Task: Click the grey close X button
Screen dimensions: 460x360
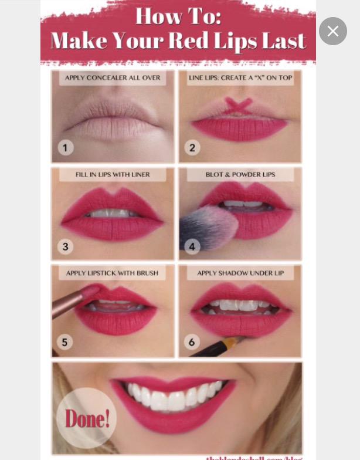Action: point(332,31)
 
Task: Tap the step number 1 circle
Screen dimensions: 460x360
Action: point(66,147)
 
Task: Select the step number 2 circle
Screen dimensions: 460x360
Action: point(192,147)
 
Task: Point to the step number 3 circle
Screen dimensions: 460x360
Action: point(66,246)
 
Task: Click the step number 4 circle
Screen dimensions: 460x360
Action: point(192,246)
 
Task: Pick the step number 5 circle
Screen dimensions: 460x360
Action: point(66,342)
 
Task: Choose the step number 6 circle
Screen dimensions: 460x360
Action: point(192,342)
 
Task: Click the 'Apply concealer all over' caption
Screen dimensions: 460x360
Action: point(113,78)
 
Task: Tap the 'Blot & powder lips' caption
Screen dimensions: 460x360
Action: point(240,175)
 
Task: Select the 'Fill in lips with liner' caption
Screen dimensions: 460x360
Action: point(113,175)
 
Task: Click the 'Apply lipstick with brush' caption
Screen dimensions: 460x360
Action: point(112,273)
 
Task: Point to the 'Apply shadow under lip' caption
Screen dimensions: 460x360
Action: point(240,273)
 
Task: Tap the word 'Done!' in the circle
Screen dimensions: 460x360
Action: point(87,418)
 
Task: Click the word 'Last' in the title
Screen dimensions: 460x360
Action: point(285,41)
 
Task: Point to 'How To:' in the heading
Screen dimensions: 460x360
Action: point(178,15)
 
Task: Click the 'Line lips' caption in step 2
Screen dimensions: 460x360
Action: point(240,78)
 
